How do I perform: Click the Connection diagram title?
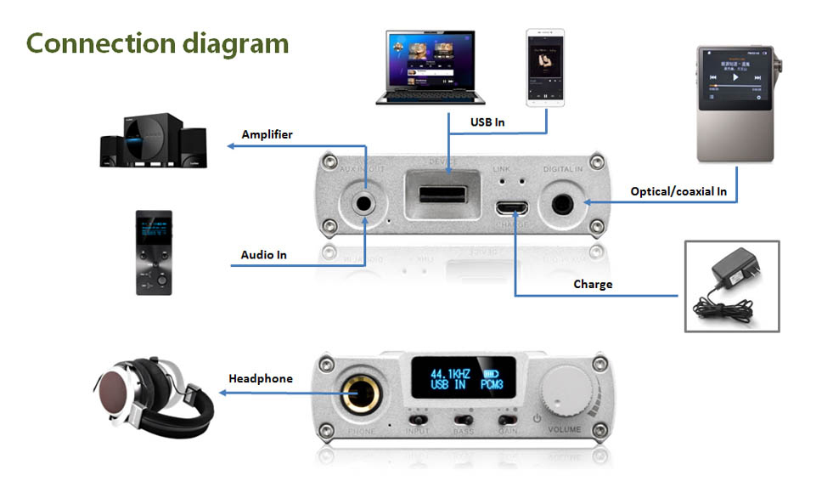click(158, 42)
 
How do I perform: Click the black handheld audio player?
click(155, 252)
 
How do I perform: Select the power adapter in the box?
click(731, 285)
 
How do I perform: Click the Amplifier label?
click(267, 134)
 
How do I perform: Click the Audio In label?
click(263, 254)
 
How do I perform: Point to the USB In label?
click(487, 122)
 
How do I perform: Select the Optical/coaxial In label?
click(678, 191)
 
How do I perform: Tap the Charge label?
click(593, 284)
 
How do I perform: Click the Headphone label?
click(261, 378)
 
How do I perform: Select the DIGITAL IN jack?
click(562, 204)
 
